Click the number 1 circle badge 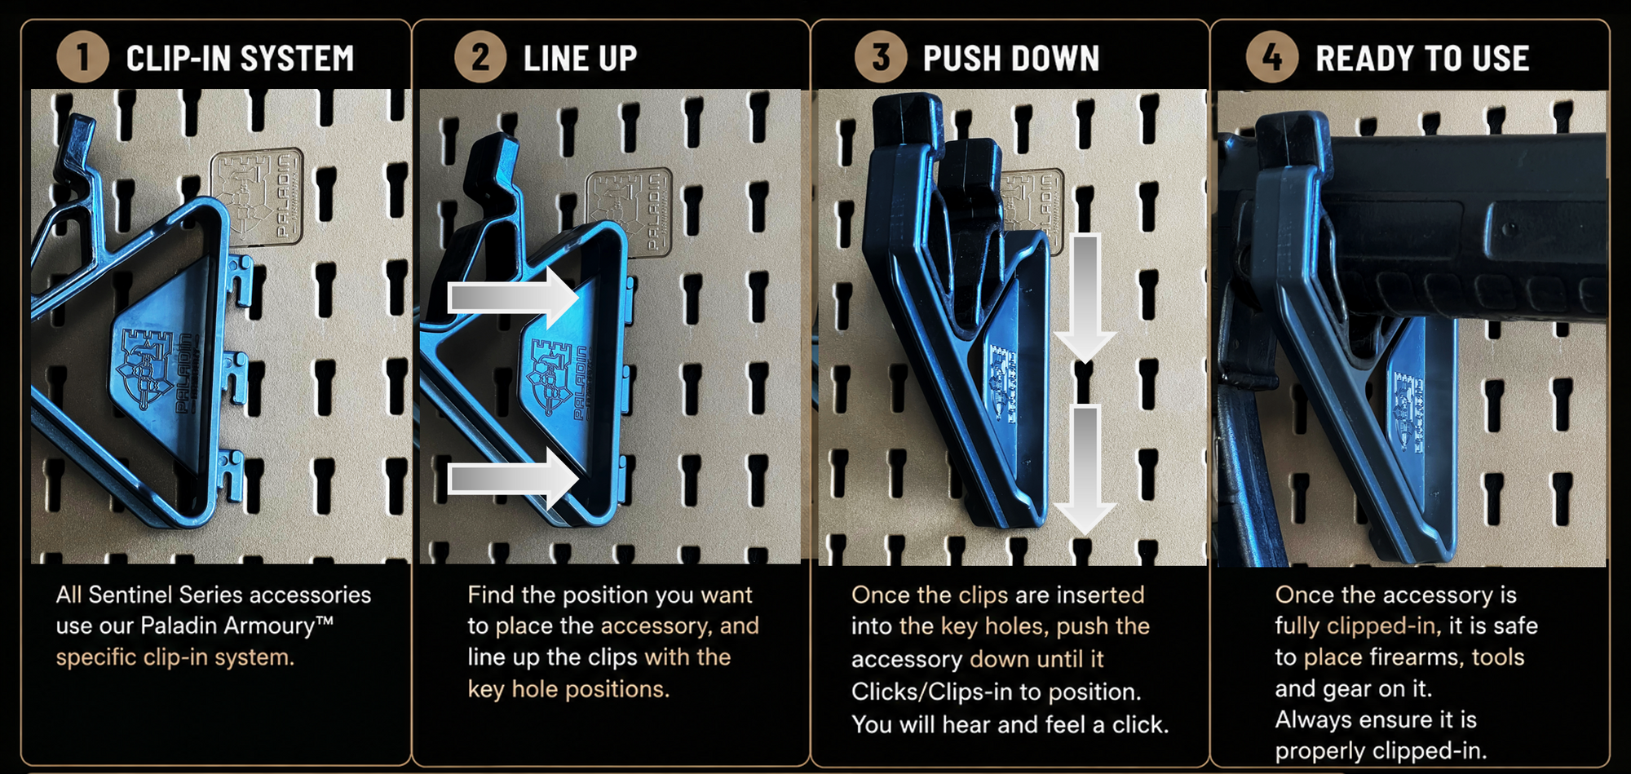[x=82, y=57]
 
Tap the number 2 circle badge [x=480, y=57]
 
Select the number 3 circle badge [x=881, y=57]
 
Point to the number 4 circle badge [x=1272, y=57]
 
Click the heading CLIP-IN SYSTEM [x=241, y=59]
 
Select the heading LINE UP [x=580, y=59]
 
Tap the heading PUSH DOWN [x=1011, y=59]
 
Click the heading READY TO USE [x=1422, y=59]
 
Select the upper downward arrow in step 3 [x=1085, y=299]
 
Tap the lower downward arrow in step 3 [x=1085, y=471]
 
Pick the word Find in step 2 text [x=491, y=595]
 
